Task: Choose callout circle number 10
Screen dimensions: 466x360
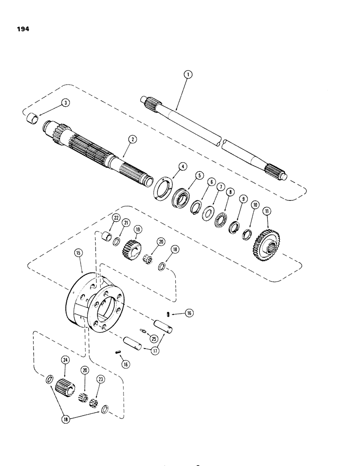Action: (255, 205)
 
